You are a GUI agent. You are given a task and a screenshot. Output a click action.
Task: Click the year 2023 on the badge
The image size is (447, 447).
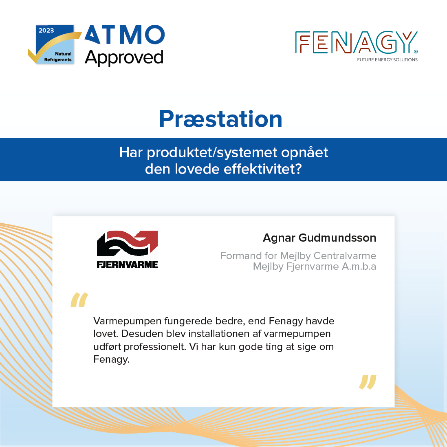[46, 31]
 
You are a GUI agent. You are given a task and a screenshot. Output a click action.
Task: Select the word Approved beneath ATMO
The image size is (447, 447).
[124, 57]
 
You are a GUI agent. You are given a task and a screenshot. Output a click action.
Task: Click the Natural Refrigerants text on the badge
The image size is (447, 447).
[58, 57]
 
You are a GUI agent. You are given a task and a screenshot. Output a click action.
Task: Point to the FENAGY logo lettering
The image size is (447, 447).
[356, 42]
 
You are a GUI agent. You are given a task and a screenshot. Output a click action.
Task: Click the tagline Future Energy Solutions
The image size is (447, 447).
[387, 59]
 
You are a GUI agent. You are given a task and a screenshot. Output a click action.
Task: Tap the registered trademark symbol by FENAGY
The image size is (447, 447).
[416, 52]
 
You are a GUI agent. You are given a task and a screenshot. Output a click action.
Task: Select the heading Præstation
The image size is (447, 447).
[220, 119]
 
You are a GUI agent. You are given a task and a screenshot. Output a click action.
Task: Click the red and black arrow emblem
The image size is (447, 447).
[127, 244]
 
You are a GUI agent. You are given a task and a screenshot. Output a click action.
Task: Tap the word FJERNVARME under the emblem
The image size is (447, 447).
[127, 264]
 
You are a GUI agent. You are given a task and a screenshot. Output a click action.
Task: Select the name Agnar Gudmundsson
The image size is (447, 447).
[319, 238]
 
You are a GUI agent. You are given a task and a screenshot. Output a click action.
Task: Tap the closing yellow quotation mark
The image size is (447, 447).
[368, 382]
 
